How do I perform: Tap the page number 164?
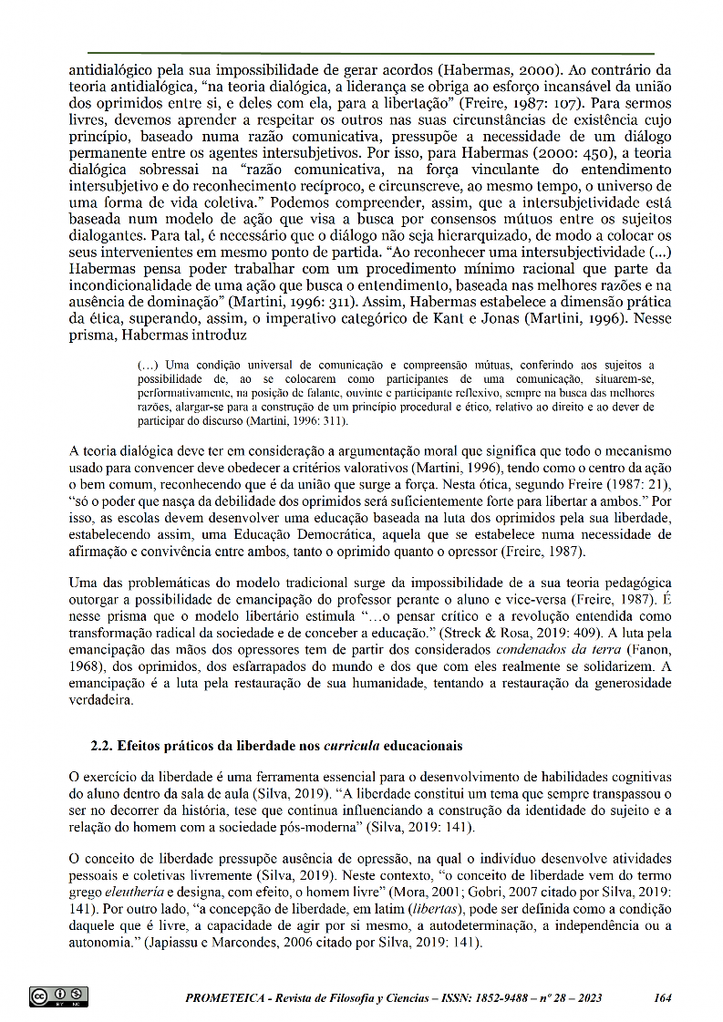pyautogui.click(x=663, y=997)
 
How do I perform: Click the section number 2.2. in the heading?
pyautogui.click(x=103, y=745)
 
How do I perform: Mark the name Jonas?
pyautogui.click(x=536, y=321)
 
